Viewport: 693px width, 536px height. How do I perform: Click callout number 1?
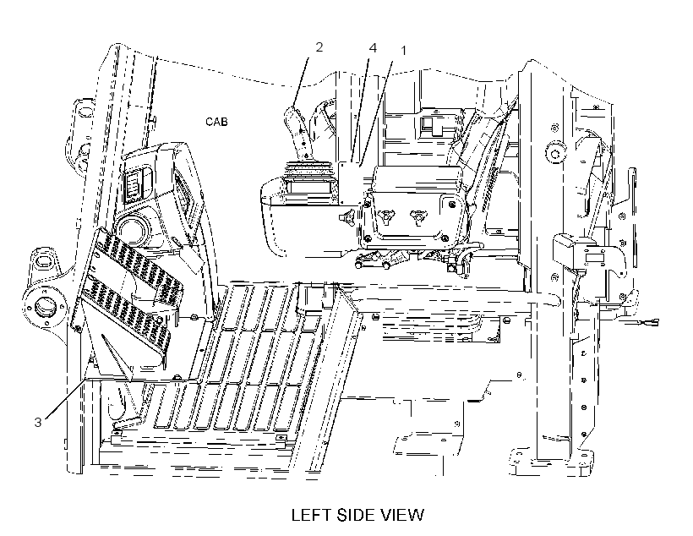coord(402,51)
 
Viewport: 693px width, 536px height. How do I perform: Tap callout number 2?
coord(319,46)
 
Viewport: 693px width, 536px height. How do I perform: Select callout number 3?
coord(38,423)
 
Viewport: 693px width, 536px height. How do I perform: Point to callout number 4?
coord(373,47)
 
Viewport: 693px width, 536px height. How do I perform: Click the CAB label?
coord(216,121)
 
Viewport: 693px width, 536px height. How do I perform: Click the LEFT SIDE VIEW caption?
coord(357,515)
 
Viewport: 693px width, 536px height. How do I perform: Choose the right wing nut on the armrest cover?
coord(417,216)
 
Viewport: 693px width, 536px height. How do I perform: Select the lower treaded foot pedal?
coord(122,312)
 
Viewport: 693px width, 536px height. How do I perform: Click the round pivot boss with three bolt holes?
coord(44,306)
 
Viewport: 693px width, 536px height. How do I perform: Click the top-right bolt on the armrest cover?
coord(451,204)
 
